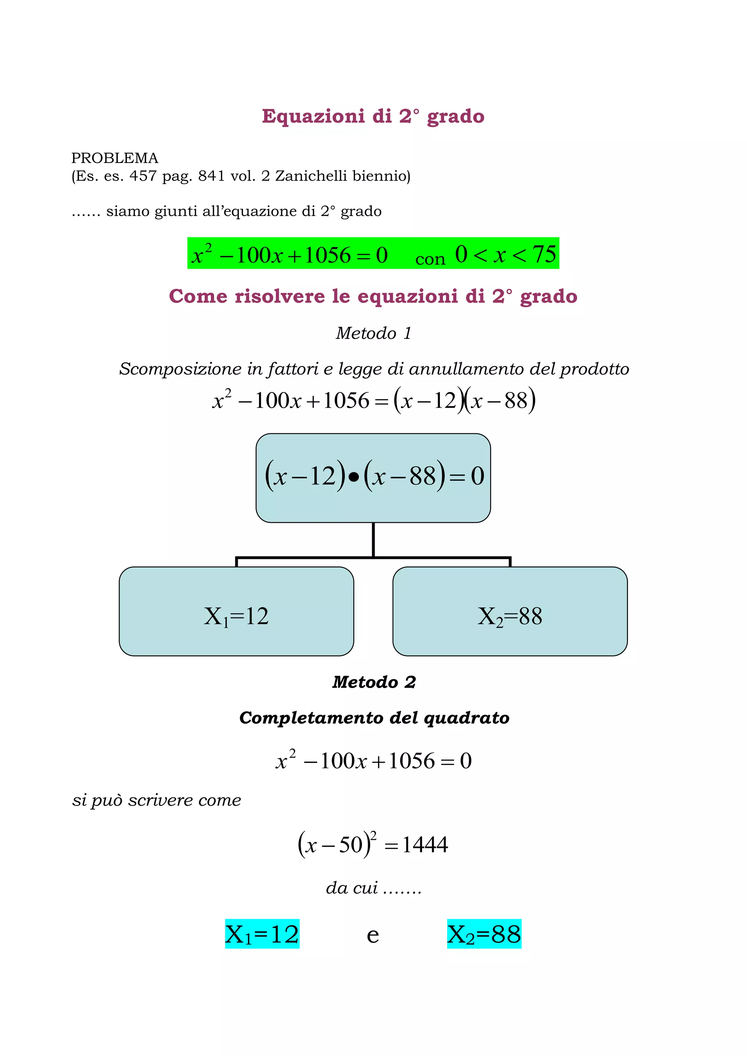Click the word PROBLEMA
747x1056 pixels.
point(115,158)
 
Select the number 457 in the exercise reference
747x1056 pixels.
point(143,176)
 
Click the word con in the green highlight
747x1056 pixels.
point(430,259)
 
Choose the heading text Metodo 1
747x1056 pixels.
point(373,333)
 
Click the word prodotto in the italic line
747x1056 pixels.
point(594,369)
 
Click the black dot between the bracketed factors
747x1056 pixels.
point(353,477)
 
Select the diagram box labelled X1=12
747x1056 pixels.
point(236,611)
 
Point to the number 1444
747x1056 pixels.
point(425,845)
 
